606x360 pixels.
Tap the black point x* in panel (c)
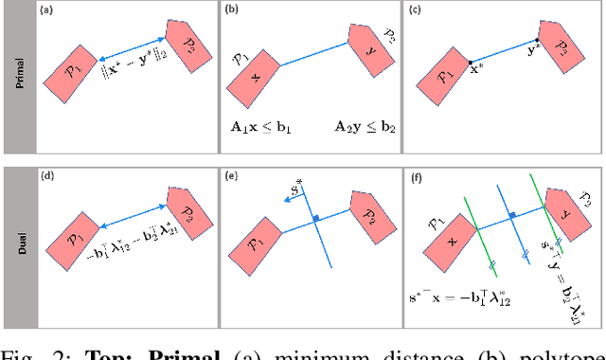[x=471, y=63]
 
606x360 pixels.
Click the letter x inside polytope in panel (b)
[x=255, y=75]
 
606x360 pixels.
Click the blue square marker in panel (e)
[x=317, y=219]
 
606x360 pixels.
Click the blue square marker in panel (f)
[x=511, y=215]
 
